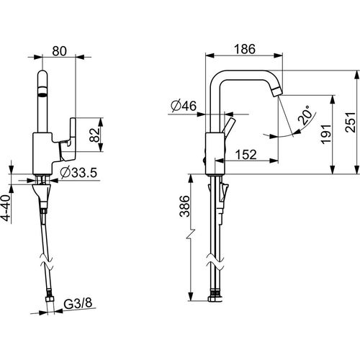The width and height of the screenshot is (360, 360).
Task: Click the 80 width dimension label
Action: click(59, 51)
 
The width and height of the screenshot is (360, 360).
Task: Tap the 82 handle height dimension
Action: click(94, 135)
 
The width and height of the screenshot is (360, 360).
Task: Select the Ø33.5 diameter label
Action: click(78, 172)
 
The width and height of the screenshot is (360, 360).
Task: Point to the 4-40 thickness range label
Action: click(6, 208)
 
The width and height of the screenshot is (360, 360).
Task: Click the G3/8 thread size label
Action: click(78, 303)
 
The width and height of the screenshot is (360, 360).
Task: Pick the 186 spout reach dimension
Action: click(245, 49)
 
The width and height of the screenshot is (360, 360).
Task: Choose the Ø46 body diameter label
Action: click(184, 106)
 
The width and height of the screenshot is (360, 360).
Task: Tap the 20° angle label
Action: click(306, 115)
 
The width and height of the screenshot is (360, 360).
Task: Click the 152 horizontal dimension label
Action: click(246, 155)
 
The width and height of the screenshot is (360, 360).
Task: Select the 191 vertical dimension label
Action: click(326, 135)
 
